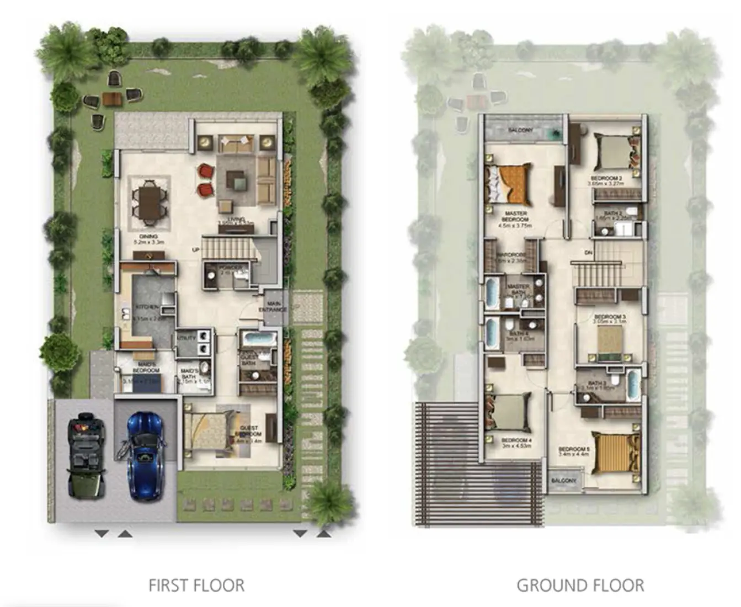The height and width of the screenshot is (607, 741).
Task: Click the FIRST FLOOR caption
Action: [x=196, y=585]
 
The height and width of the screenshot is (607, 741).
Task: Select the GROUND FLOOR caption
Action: [x=580, y=585]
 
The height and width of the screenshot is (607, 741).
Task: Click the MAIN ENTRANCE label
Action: [x=273, y=307]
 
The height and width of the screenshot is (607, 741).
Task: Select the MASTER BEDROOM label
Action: [x=515, y=216]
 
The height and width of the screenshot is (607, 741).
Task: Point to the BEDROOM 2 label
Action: [x=606, y=178]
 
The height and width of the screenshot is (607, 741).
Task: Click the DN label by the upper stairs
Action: [x=589, y=253]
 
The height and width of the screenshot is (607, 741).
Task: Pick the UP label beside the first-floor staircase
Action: [x=195, y=249]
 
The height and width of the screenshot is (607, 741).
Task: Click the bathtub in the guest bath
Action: [x=255, y=338]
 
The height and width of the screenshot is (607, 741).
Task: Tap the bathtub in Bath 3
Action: [x=633, y=384]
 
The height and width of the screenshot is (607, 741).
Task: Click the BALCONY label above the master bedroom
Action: [x=520, y=130]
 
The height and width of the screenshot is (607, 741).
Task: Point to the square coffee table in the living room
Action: [x=237, y=179]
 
